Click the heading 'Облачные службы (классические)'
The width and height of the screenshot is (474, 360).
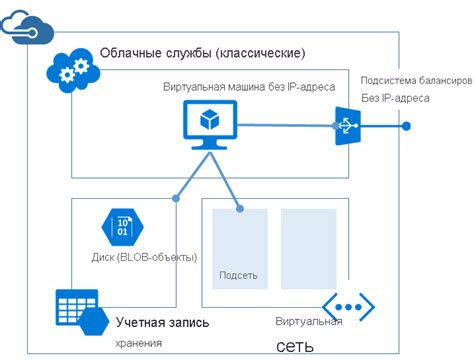(x=203, y=52)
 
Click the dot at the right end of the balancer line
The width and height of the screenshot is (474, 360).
(x=407, y=126)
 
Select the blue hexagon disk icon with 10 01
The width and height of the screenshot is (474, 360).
(x=122, y=226)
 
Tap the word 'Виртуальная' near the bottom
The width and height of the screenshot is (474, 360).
(x=309, y=322)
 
